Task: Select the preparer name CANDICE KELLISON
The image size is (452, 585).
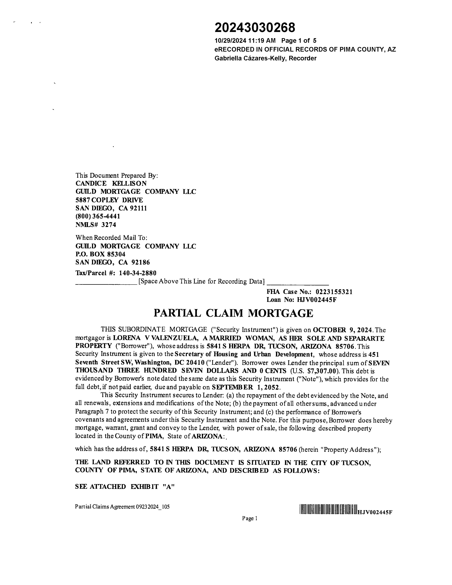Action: pyautogui.click(x=111, y=184)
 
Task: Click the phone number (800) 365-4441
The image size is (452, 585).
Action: pyautogui.click(x=98, y=216)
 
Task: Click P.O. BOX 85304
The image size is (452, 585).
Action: pyautogui.click(x=100, y=254)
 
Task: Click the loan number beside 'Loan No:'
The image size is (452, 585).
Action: pyautogui.click(x=317, y=300)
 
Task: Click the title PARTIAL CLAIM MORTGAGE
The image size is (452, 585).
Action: pyautogui.click(x=233, y=313)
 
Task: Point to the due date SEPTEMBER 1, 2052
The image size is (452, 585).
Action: pyautogui.click(x=246, y=387)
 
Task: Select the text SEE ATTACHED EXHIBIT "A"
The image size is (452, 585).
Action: pyautogui.click(x=125, y=487)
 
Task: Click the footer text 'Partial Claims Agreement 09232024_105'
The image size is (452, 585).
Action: pyautogui.click(x=122, y=507)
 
